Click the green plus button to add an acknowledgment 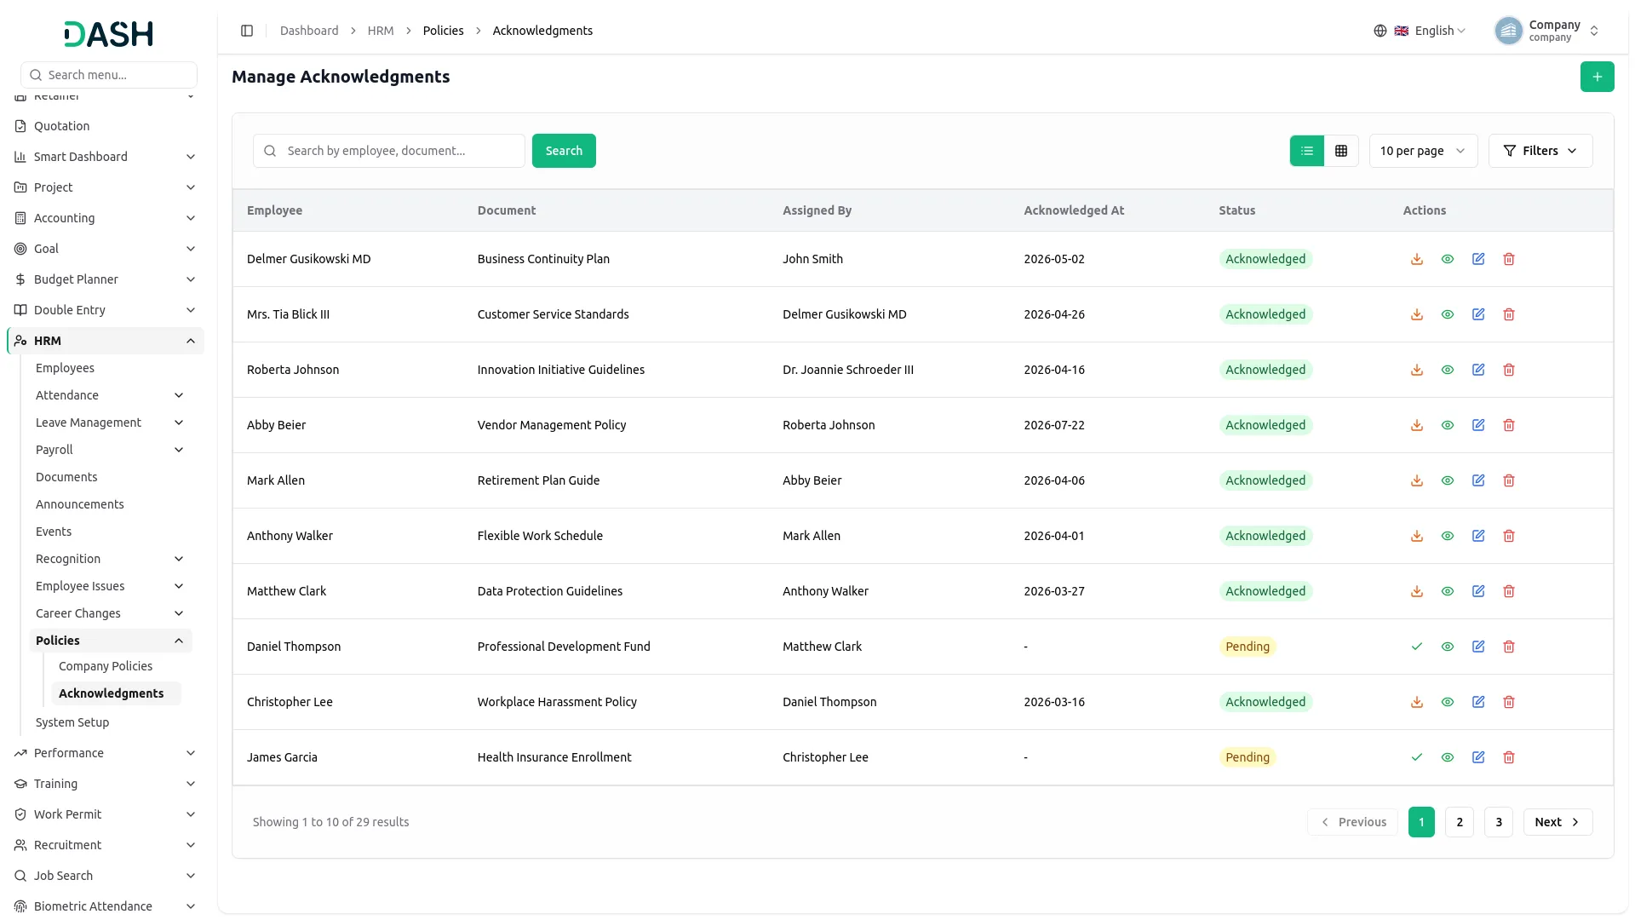pyautogui.click(x=1597, y=77)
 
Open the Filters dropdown pyautogui.click(x=1540, y=151)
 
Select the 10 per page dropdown pyautogui.click(x=1423, y=151)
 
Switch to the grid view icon pyautogui.click(x=1341, y=151)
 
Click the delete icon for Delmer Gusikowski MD pyautogui.click(x=1509, y=259)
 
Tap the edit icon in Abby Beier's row pyautogui.click(x=1478, y=425)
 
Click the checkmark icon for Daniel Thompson pyautogui.click(x=1417, y=647)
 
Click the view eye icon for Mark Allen pyautogui.click(x=1448, y=480)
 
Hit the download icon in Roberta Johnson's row pyautogui.click(x=1417, y=370)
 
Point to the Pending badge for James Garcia pyautogui.click(x=1248, y=757)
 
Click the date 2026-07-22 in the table pyautogui.click(x=1054, y=425)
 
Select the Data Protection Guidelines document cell pyautogui.click(x=550, y=591)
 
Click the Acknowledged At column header pyautogui.click(x=1074, y=210)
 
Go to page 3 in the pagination pyautogui.click(x=1499, y=822)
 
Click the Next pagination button pyautogui.click(x=1558, y=822)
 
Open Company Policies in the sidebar pyautogui.click(x=106, y=666)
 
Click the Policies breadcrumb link pyautogui.click(x=444, y=31)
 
